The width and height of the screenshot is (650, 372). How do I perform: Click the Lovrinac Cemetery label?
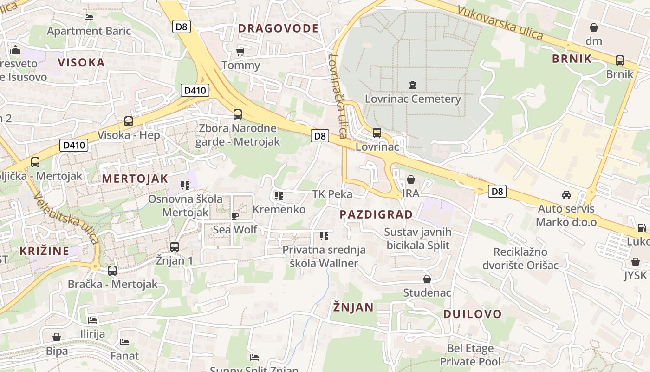(x=413, y=99)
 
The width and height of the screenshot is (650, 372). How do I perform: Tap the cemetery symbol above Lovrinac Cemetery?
(x=413, y=85)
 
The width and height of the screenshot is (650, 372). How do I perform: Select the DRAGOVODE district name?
(x=278, y=28)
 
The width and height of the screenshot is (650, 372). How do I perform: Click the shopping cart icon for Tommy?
(x=240, y=51)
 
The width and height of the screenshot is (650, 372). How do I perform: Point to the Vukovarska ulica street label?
(x=500, y=22)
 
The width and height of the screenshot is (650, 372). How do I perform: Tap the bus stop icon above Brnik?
(x=619, y=60)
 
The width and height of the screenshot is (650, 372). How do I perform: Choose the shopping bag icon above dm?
(x=593, y=27)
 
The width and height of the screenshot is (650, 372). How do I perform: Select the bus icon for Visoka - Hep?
(x=129, y=121)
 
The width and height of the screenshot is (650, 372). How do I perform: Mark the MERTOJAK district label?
(x=135, y=179)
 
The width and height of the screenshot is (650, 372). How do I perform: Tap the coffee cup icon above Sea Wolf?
(x=235, y=216)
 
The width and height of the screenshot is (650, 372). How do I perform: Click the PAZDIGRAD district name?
(x=376, y=214)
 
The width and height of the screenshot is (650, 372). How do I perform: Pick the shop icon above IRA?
(x=410, y=179)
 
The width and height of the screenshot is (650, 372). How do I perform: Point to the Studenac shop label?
(x=427, y=293)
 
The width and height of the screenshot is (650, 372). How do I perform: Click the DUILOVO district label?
(x=473, y=314)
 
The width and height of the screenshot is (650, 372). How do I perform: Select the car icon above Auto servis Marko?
(x=566, y=195)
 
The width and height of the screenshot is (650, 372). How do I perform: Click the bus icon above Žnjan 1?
(x=175, y=247)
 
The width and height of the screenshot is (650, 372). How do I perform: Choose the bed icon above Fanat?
(x=124, y=342)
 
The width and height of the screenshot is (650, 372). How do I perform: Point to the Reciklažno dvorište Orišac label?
(x=520, y=259)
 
